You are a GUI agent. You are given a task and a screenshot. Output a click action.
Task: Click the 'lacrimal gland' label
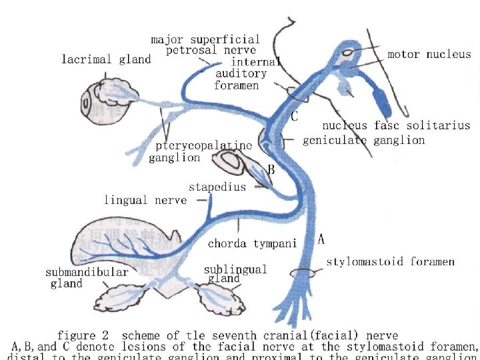pos(106,59)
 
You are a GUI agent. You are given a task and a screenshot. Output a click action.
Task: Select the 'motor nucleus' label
pos(429,55)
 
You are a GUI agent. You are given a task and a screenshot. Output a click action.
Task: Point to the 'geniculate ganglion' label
pos(363,140)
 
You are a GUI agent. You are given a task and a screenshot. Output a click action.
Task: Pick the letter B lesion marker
pos(271,170)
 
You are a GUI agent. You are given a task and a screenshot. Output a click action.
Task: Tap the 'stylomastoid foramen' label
pos(390,262)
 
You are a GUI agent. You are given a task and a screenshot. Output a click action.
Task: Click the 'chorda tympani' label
pos(252,243)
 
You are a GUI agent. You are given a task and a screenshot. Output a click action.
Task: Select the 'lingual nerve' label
pos(145,199)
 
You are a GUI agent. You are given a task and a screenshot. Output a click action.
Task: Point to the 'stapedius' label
pos(217,187)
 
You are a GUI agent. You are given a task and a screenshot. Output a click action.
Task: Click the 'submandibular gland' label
pos(87,278)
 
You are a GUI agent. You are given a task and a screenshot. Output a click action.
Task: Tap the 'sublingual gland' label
pos(235,273)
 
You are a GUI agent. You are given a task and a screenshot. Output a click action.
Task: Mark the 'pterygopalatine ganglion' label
pos(200,151)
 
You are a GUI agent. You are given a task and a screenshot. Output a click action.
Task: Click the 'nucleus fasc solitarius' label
pos(396,125)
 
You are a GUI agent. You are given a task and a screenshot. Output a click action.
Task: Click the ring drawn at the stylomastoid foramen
pos(303,273)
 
